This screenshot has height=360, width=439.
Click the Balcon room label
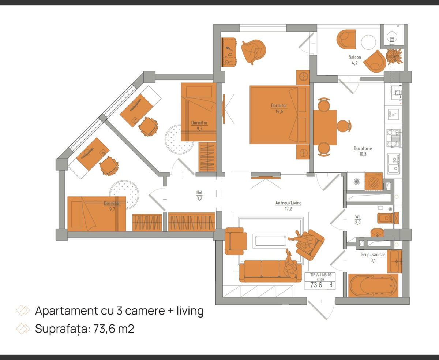[355, 57]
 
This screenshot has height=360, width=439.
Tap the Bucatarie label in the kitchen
[363, 149]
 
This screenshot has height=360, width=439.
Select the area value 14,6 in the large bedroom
[279, 111]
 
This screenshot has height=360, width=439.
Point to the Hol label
[199, 192]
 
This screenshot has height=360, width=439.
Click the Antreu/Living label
[288, 203]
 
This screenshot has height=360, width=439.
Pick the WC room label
[358, 217]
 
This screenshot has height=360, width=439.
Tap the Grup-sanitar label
[373, 255]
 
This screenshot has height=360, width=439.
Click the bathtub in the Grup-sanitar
[373, 285]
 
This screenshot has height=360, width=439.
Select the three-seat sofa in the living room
[270, 271]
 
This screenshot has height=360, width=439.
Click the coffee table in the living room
[270, 241]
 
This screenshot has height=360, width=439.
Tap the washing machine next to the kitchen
[374, 182]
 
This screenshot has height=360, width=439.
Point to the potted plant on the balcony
[394, 56]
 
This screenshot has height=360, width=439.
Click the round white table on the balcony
[368, 42]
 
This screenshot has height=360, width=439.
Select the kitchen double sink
[393, 164]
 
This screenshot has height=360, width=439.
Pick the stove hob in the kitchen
[393, 138]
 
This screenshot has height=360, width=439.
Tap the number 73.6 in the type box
[316, 285]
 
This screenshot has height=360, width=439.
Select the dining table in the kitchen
[325, 127]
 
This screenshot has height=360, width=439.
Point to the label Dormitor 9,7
[112, 206]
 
